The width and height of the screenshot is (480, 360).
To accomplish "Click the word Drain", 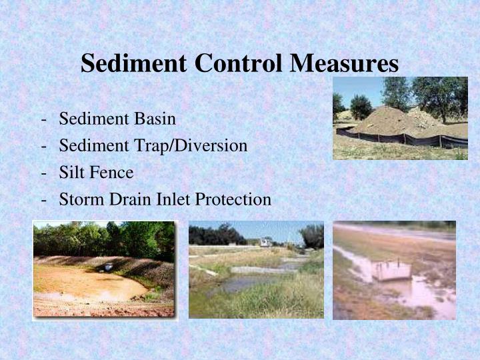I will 129,199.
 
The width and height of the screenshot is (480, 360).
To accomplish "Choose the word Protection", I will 233,199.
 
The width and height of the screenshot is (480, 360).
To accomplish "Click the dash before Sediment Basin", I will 43,119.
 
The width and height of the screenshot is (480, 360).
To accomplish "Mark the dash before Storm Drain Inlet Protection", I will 43,199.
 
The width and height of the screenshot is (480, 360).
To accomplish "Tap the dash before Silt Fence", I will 43,173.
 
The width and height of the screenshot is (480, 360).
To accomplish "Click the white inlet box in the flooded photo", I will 391,271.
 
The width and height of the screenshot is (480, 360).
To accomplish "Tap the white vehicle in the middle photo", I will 265,243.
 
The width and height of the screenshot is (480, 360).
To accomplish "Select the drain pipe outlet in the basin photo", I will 109,267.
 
